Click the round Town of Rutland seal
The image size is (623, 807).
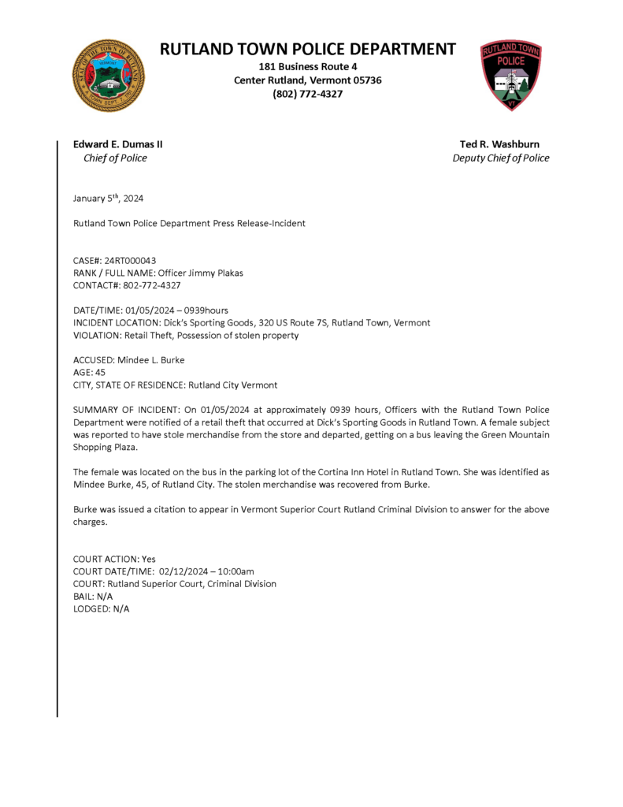108,76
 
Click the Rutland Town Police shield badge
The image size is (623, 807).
510,76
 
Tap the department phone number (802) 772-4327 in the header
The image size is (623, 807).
307,94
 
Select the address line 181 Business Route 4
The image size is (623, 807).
307,66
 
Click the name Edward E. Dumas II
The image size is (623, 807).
118,144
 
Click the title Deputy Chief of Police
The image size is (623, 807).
501,158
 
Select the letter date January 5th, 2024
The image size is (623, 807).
108,199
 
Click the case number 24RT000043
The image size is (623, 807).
130,260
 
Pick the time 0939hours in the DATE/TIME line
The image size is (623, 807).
202,311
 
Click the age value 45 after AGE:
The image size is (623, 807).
100,373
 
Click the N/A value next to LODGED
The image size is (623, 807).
121,609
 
